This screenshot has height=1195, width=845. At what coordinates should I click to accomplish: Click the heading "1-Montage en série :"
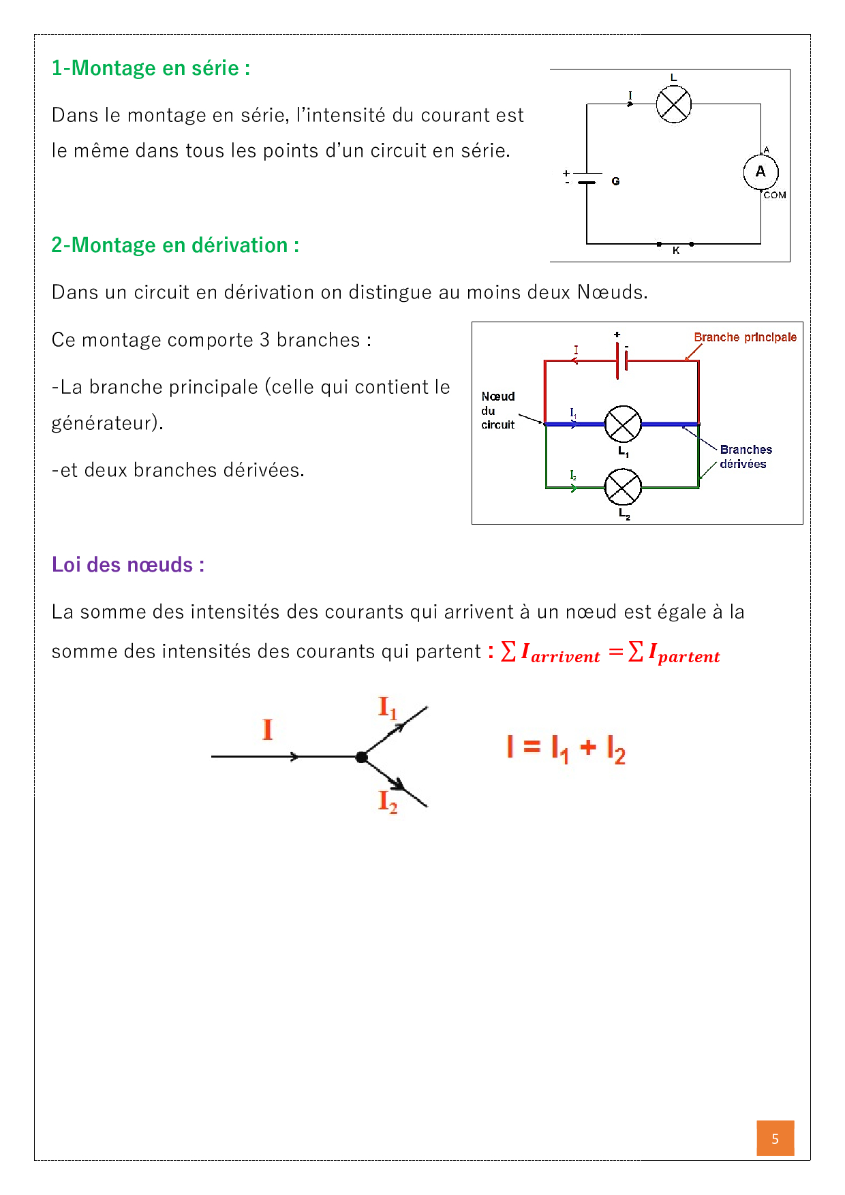(151, 68)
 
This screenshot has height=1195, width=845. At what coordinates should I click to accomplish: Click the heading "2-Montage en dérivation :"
(175, 245)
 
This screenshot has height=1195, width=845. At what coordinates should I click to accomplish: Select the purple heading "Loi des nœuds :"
(128, 565)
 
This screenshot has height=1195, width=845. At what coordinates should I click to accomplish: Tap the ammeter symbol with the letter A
(760, 172)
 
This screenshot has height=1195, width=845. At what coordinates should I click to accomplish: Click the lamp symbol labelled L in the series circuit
(673, 104)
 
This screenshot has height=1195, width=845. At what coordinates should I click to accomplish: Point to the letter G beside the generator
(615, 181)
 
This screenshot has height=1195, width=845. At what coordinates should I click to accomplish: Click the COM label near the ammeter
(775, 196)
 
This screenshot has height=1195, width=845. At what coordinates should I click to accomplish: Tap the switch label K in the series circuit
(676, 251)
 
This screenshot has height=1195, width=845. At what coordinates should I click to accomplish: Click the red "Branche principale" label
(745, 337)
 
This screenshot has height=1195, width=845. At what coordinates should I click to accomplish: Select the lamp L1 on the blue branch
(623, 424)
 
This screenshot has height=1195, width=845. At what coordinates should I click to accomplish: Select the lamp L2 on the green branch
(623, 487)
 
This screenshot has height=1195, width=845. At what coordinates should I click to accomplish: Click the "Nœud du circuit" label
(498, 410)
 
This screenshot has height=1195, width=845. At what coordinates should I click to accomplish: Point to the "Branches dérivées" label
(745, 456)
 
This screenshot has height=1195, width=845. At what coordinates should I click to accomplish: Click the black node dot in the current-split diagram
(362, 757)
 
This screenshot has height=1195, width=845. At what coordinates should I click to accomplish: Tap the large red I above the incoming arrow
(268, 730)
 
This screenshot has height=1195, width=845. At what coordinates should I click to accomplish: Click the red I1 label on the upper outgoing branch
(387, 709)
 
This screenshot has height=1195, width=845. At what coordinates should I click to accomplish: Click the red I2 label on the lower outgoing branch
(387, 802)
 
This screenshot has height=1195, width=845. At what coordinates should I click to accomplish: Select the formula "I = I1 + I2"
(566, 749)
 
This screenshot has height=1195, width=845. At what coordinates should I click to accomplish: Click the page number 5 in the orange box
(775, 1138)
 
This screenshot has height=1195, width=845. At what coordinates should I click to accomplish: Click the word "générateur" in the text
(105, 423)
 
